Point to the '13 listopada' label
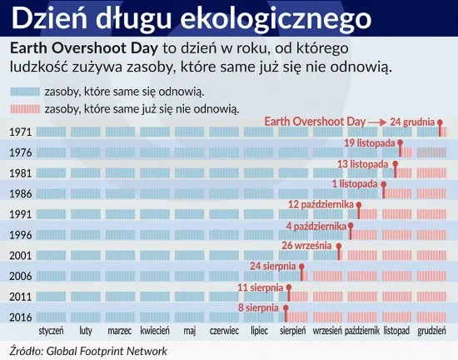[x=363, y=163]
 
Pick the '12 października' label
[x=322, y=204]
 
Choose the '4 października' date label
[x=316, y=225]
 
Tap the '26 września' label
[x=307, y=246]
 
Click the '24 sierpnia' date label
[x=273, y=267]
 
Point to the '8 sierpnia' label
[x=258, y=308]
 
